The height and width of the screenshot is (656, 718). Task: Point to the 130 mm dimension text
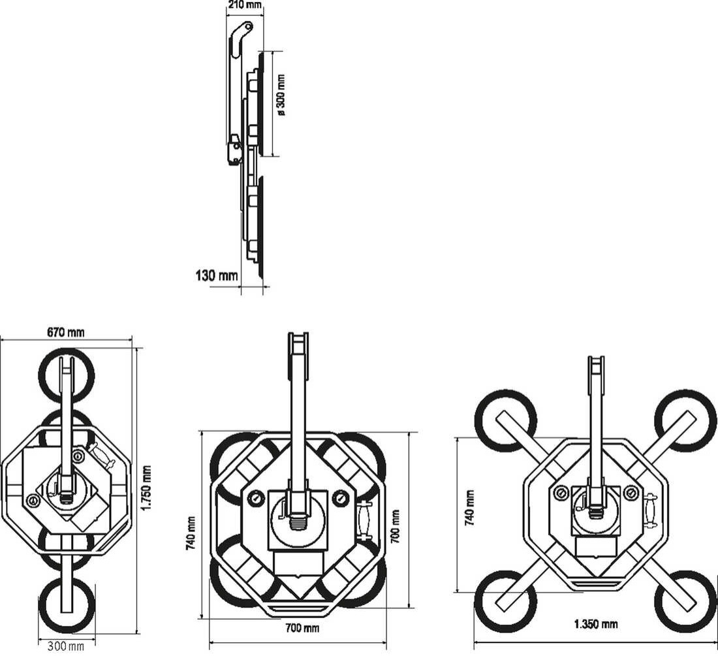(217, 275)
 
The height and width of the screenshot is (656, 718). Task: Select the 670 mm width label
(65, 332)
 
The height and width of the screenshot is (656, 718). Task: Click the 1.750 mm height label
(146, 489)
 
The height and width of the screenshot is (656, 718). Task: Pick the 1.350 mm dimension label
(595, 624)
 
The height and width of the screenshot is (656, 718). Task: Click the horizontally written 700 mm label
(303, 628)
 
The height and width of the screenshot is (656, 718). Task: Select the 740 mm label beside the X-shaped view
(469, 507)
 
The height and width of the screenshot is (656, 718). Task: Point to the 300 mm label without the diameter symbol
(66, 647)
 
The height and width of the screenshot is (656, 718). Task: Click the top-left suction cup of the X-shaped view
(505, 420)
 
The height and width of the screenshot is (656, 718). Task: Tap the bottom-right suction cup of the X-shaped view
(685, 601)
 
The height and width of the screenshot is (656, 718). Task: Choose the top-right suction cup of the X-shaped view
(685, 420)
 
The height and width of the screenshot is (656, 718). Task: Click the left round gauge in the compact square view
(255, 499)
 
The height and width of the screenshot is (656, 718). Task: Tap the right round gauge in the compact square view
(340, 499)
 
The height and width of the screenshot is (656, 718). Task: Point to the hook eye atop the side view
(247, 27)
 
